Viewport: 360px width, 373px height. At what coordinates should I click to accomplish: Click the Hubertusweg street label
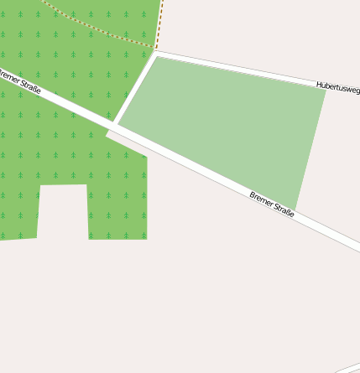tap(337, 86)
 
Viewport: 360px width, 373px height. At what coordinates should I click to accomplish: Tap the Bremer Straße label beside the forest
tap(20, 81)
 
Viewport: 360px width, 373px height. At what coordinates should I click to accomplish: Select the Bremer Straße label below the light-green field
tap(272, 205)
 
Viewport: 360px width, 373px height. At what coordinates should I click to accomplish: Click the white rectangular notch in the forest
tap(63, 211)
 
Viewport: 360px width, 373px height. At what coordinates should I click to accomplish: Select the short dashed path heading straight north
tap(159, 21)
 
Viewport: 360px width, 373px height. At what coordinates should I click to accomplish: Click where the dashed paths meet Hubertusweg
tap(156, 49)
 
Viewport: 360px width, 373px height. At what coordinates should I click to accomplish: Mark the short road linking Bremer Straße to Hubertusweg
tap(135, 88)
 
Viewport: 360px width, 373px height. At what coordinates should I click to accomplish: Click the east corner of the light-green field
tap(326, 90)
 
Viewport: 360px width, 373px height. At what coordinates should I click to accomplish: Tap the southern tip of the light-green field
tap(295, 210)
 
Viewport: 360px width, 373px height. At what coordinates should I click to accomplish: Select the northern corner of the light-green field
tap(157, 57)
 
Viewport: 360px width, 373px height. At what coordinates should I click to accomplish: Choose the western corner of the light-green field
tap(118, 124)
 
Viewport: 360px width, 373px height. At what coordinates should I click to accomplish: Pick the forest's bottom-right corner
tap(146, 238)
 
